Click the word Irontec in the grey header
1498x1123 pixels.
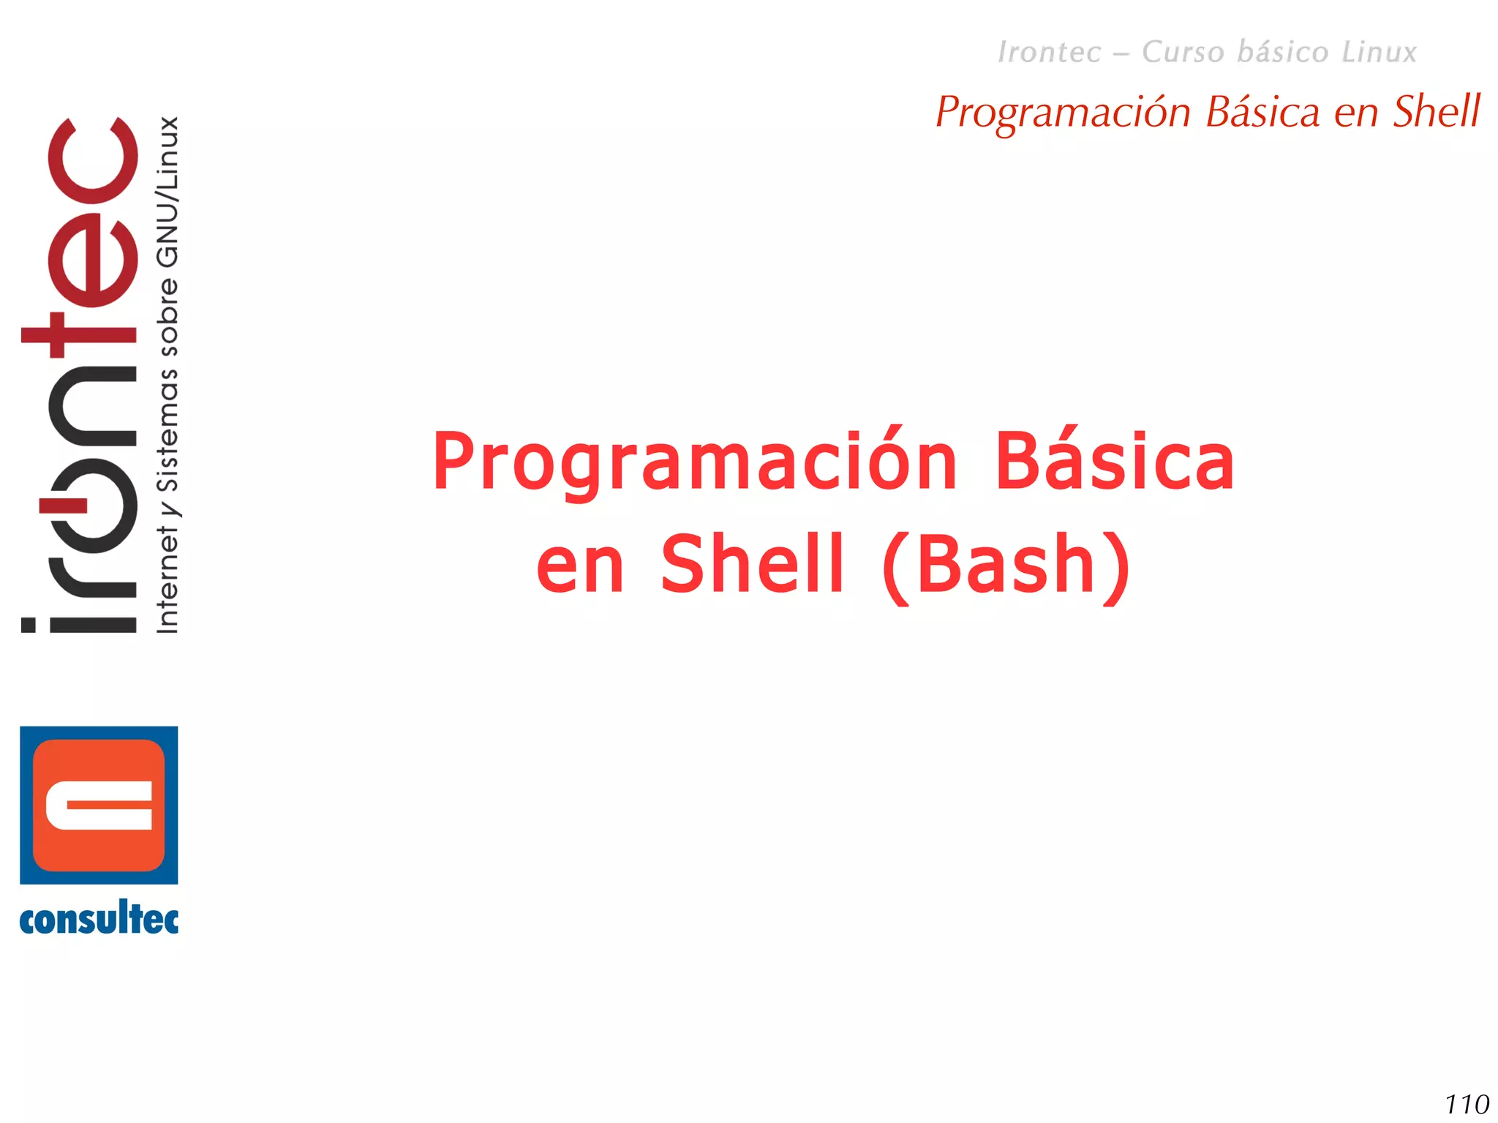[1049, 52]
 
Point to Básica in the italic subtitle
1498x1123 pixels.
[1262, 112]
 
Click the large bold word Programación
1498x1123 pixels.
[694, 463]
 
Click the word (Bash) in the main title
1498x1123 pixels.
[1006, 565]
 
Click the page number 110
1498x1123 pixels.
[1467, 1104]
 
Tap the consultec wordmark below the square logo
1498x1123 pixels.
[99, 920]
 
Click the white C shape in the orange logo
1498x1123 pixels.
[99, 805]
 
